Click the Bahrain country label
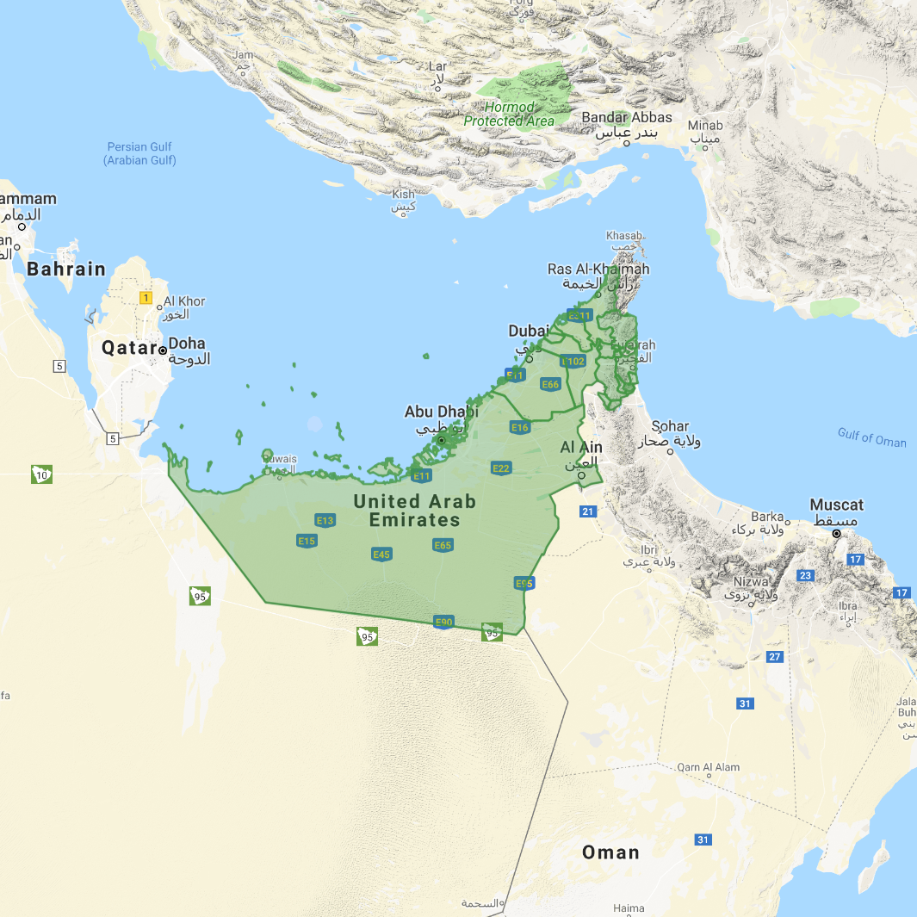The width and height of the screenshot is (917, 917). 66,269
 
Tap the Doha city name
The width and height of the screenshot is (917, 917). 187,344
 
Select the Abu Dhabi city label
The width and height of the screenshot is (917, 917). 441,412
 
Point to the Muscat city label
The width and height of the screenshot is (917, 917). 836,505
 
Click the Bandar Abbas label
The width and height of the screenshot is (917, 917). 627,118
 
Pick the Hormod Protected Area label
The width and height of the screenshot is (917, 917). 509,114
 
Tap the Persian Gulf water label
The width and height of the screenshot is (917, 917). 139,153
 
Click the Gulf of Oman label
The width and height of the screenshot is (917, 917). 871,437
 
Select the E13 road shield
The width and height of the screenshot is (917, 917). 325,520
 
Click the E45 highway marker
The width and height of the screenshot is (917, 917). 382,554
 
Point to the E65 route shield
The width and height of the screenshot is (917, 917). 443,545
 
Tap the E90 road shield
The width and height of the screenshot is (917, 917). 443,622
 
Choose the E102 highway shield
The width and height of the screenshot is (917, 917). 573,361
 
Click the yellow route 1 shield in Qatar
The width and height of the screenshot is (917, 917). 146,298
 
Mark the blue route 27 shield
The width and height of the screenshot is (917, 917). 775,657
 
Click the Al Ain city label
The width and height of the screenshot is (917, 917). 581,448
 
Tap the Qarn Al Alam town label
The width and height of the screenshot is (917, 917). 708,767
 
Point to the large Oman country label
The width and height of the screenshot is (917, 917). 610,852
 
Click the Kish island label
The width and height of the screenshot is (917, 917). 403,195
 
